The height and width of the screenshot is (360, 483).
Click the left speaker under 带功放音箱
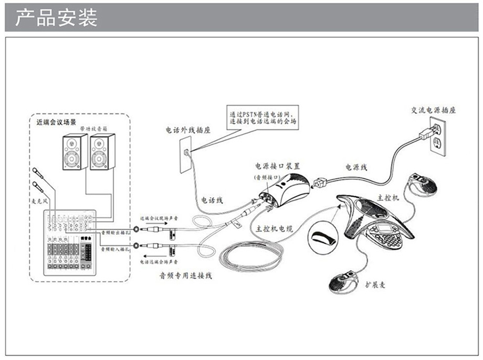tap(75, 152)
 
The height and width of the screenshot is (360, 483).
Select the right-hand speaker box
tap(102, 152)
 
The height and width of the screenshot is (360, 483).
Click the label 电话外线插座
tap(188, 130)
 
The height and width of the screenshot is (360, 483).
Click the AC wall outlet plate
tap(436, 134)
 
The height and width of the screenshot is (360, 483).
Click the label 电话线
tap(213, 200)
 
